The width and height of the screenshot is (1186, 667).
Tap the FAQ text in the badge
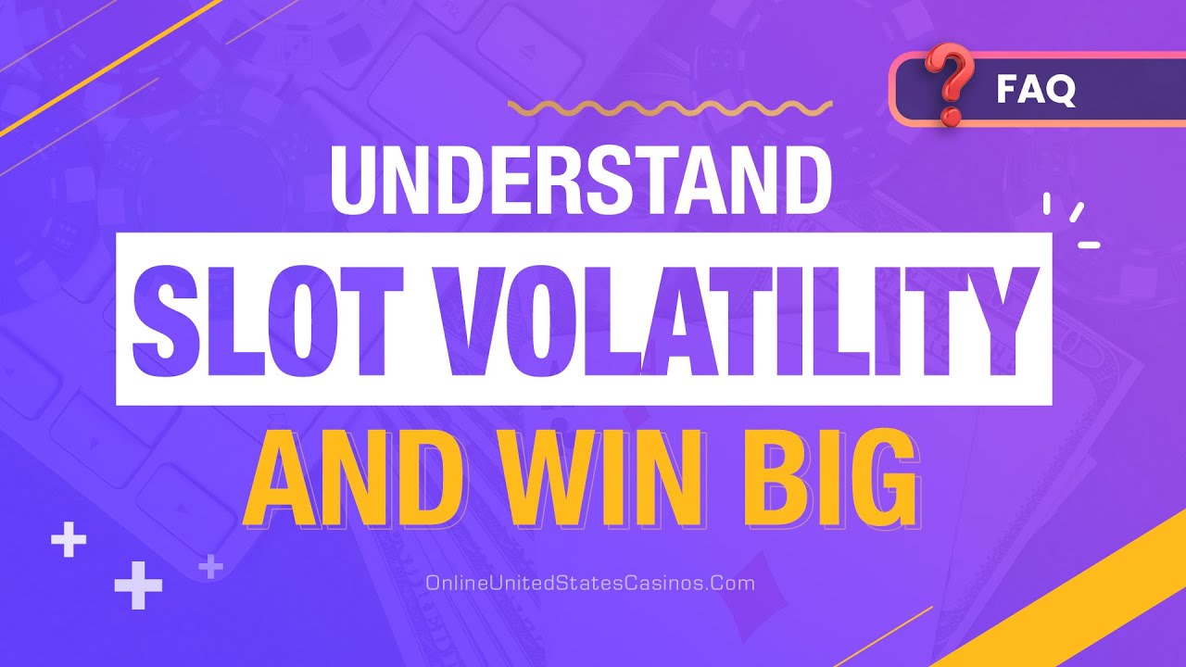pyautogui.click(x=1036, y=90)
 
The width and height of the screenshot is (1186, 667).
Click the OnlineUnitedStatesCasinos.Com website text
pyautogui.click(x=590, y=584)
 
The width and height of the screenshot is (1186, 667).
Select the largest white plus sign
pyautogui.click(x=138, y=585)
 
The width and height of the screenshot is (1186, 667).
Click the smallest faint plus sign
pyautogui.click(x=211, y=565)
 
